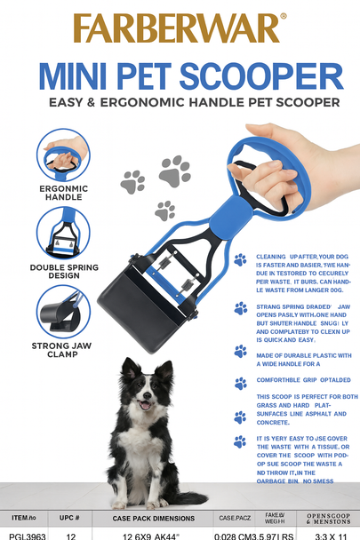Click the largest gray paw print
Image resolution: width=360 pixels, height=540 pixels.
pyautogui.click(x=175, y=170)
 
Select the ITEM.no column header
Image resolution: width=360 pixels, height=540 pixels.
pyautogui.click(x=24, y=517)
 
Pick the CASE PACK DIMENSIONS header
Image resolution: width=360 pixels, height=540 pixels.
pyautogui.click(x=154, y=518)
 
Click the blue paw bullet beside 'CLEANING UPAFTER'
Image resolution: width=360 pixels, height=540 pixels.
pyautogui.click(x=240, y=259)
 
